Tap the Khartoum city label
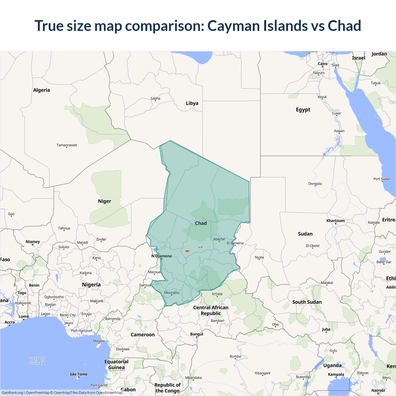(x=335, y=221)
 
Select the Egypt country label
(x=303, y=110)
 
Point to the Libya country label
(x=192, y=103)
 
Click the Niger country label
(x=104, y=201)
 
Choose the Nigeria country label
(x=91, y=285)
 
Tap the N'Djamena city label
(x=161, y=256)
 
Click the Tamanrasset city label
(x=67, y=145)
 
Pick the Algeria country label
(x=41, y=90)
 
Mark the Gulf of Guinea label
(x=37, y=361)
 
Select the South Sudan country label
(x=307, y=302)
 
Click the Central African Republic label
(x=211, y=310)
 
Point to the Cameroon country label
(x=143, y=335)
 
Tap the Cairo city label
(x=323, y=64)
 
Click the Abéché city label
(x=219, y=239)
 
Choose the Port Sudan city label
(x=382, y=179)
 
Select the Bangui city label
(x=197, y=334)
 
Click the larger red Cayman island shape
(x=187, y=251)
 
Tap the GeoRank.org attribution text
(x=12, y=393)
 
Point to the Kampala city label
(x=336, y=374)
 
